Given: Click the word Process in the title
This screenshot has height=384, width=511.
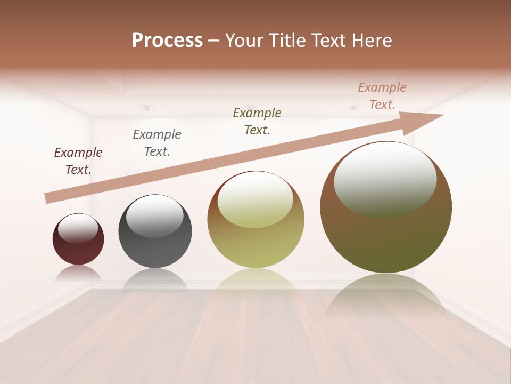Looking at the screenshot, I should (x=167, y=40).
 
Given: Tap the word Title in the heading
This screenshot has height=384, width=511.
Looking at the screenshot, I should (x=286, y=41).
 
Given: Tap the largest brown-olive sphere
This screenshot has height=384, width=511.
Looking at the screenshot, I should (x=386, y=240).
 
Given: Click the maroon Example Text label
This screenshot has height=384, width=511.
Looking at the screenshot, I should (x=78, y=161).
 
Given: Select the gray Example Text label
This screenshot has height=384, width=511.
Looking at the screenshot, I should (x=157, y=143).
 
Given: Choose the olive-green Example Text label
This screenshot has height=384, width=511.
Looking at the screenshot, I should (x=257, y=121).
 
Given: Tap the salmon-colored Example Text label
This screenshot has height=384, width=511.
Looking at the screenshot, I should (x=382, y=96).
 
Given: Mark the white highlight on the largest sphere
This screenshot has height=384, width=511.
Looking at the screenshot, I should (x=385, y=179).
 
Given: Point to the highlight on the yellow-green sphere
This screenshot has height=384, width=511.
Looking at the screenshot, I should (x=255, y=199).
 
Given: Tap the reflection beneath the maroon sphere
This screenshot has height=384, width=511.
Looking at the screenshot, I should (x=78, y=273).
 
